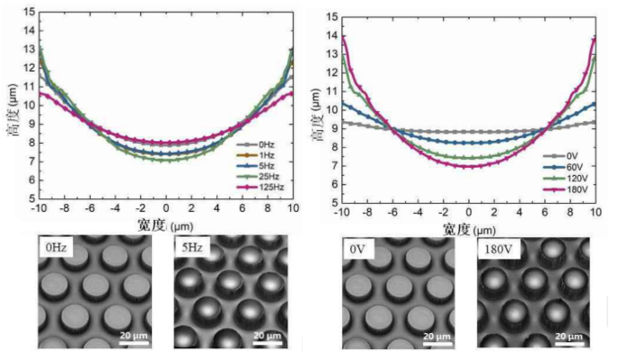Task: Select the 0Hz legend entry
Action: click(x=265, y=144)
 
